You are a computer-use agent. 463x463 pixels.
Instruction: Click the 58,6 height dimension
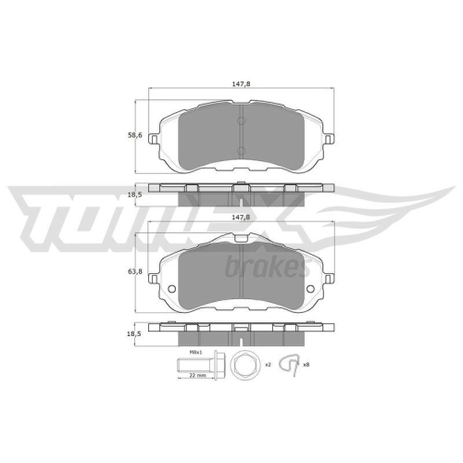click(134, 135)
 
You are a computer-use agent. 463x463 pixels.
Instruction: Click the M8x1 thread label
click(195, 352)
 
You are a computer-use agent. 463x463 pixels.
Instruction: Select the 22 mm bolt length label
click(196, 375)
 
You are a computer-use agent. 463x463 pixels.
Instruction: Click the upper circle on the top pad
click(239, 119)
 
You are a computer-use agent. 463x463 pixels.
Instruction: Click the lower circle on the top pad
click(239, 151)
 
